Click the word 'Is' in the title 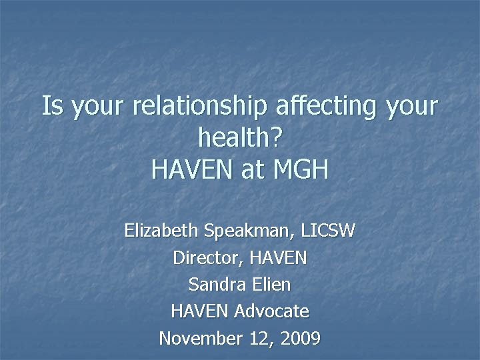click(x=51, y=107)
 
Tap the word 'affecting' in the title click(x=314, y=107)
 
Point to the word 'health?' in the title click(x=240, y=138)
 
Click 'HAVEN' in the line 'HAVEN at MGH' click(x=192, y=169)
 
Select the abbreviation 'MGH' click(x=301, y=169)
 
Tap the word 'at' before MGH click(x=253, y=169)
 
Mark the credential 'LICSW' click(x=328, y=231)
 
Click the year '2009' click(x=299, y=338)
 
